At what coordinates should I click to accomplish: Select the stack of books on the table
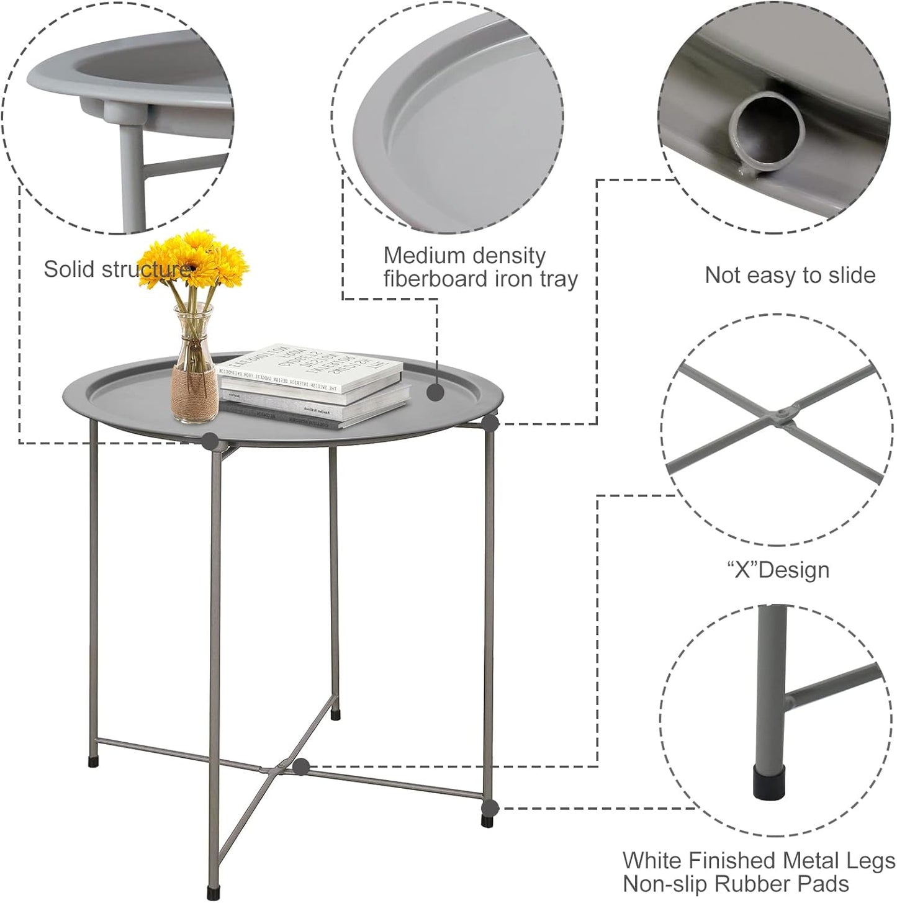[313, 385]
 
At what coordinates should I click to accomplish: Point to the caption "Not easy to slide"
[790, 275]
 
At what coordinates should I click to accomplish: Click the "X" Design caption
[778, 570]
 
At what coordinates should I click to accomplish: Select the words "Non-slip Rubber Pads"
[736, 884]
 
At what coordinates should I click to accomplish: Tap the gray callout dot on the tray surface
[435, 392]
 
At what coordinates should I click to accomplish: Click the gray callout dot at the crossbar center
[302, 767]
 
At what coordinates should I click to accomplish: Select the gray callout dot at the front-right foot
[490, 808]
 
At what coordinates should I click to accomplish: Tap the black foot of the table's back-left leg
[93, 761]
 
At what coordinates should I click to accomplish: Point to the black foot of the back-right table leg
[336, 715]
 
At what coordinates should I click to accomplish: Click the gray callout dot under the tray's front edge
[210, 441]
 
